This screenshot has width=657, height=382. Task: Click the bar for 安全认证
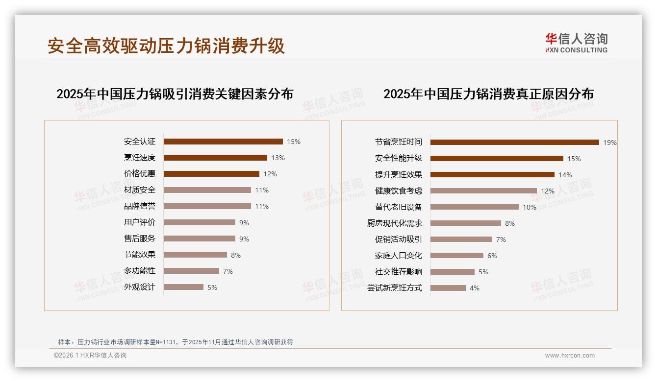tap(223, 142)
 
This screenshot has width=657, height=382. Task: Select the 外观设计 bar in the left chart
tap(183, 287)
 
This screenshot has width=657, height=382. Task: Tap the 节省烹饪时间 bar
tap(514, 142)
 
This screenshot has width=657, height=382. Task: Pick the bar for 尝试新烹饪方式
tap(448, 288)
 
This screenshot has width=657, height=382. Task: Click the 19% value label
tap(609, 143)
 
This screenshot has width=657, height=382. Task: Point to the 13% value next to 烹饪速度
tap(278, 158)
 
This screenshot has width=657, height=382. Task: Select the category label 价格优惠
tap(140, 174)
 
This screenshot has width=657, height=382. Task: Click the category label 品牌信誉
tap(140, 206)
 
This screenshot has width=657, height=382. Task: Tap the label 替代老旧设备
tap(398, 207)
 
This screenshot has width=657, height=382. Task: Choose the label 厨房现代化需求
tap(394, 223)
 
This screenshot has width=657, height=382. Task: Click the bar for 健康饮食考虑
tap(483, 191)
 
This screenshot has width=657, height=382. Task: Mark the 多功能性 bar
tap(191, 271)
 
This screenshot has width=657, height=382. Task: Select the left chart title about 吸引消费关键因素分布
tap(175, 94)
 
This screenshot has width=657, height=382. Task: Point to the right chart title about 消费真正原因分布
tap(488, 94)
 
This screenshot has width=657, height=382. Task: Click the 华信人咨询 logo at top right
tap(576, 43)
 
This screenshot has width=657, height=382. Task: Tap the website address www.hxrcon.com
tap(570, 356)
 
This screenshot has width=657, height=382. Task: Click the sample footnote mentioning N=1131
tap(176, 342)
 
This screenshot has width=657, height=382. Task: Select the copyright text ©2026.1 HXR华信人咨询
tap(90, 356)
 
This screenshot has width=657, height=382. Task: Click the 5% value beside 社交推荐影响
tap(483, 272)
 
